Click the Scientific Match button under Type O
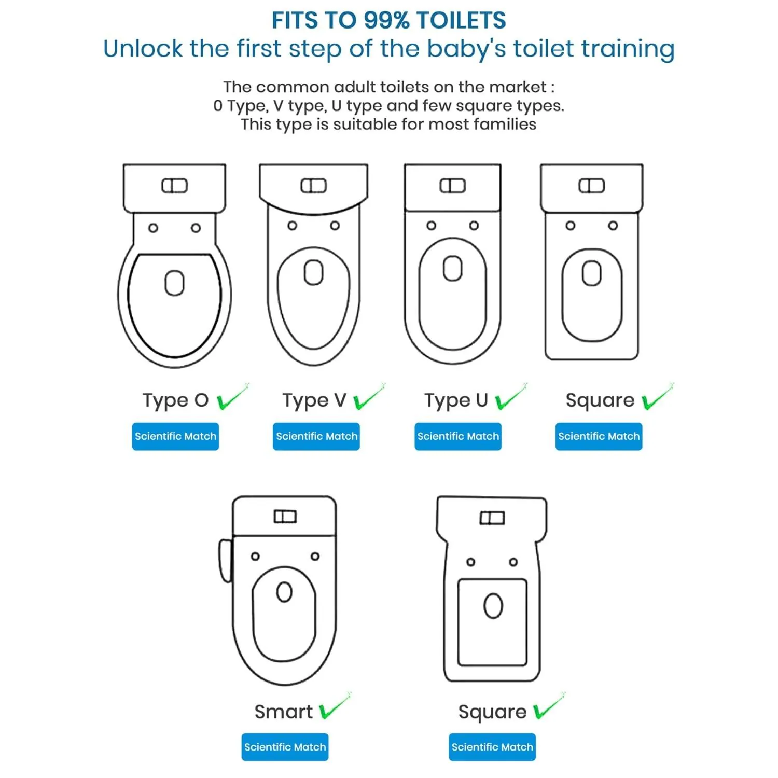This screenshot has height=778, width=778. tap(175, 436)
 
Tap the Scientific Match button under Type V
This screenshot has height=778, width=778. tap(316, 436)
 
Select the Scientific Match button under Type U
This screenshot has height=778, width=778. tap(458, 436)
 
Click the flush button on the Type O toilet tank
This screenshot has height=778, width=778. tap(174, 186)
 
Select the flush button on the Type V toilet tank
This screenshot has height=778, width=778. tap(314, 186)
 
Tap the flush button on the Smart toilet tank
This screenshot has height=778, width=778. tap(285, 517)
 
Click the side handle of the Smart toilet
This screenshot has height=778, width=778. tap(225, 561)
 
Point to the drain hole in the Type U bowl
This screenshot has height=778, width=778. tap(453, 268)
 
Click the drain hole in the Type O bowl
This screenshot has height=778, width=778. tap(174, 283)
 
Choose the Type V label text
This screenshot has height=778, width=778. tap(314, 400)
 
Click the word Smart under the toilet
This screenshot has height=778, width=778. tap(284, 712)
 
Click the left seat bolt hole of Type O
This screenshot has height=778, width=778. tap(153, 228)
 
